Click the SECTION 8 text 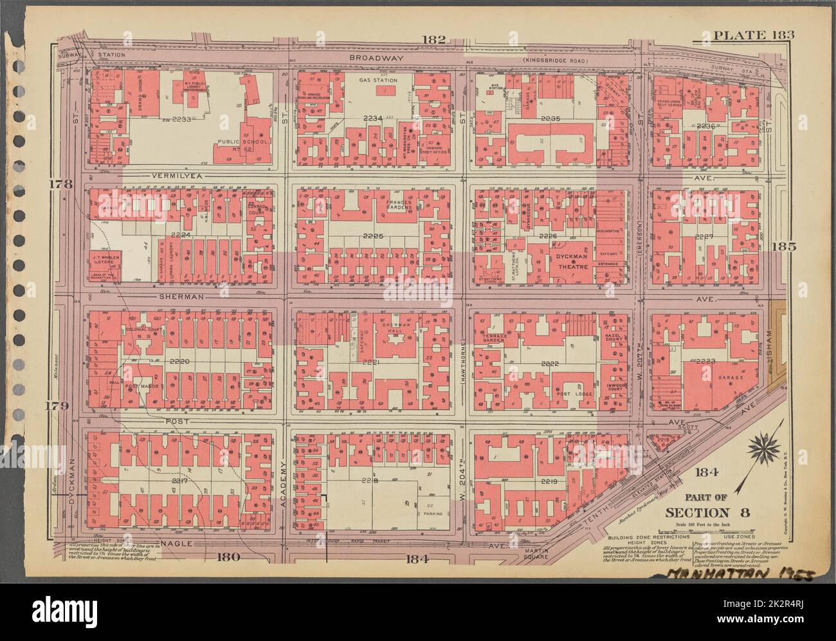point(701,512)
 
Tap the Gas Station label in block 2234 point(377,80)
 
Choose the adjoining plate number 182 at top point(433,40)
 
